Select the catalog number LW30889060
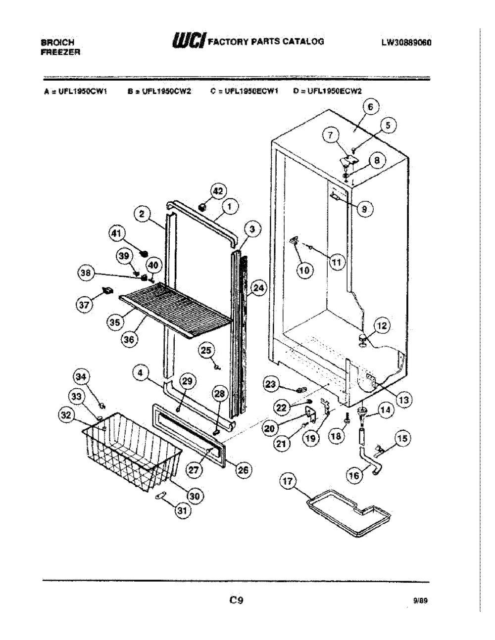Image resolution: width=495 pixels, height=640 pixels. [406, 43]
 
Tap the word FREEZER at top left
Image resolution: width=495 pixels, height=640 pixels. [60, 51]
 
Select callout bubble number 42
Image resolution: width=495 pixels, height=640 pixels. [218, 191]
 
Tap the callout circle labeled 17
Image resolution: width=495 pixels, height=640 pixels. [288, 481]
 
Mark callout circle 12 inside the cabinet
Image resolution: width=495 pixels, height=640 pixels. [383, 325]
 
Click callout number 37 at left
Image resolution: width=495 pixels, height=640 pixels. [85, 305]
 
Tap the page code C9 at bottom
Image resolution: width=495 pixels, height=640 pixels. [236, 600]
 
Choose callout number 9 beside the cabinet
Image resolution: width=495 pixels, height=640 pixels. [364, 210]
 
